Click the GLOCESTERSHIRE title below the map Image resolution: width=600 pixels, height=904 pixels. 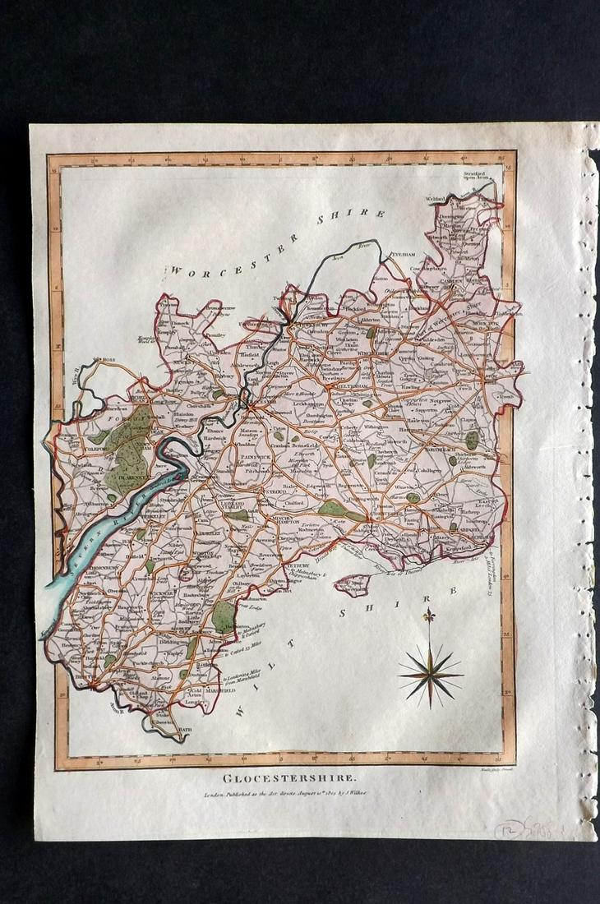278,777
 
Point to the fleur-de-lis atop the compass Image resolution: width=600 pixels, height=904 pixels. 427,616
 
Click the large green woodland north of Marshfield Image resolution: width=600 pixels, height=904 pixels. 222,615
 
